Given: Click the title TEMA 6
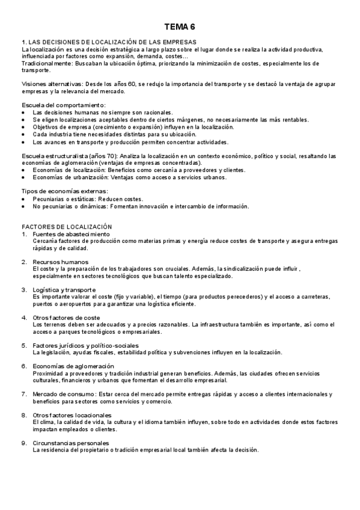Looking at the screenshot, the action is click(180, 27).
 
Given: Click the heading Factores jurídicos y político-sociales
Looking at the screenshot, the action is click(86, 346).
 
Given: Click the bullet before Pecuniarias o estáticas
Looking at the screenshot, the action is click(23, 198).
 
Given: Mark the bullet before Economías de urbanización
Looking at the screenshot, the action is click(23, 177).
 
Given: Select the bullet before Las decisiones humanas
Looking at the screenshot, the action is click(23, 112).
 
